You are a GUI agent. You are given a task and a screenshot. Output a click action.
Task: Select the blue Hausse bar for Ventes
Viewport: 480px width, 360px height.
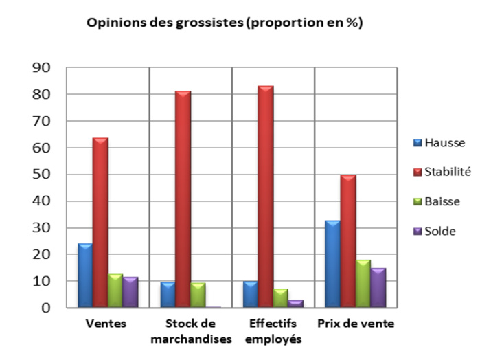click(85, 275)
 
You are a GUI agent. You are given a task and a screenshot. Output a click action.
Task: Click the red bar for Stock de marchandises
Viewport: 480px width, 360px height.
click(183, 199)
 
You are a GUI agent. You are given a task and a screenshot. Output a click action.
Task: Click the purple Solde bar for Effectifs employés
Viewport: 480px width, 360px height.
click(296, 303)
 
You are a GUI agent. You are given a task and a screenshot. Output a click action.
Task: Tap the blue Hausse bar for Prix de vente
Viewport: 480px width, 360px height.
click(333, 264)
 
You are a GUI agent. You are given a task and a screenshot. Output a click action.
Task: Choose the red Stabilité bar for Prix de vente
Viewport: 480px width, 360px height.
click(348, 240)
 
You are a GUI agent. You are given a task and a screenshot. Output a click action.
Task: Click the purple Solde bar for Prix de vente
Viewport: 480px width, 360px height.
click(378, 287)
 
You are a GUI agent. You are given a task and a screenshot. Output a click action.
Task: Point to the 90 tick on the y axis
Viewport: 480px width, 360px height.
click(42, 67)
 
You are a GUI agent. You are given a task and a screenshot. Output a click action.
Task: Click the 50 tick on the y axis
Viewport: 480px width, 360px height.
click(42, 175)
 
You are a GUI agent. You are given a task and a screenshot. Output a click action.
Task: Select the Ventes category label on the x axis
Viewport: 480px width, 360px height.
click(108, 323)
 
